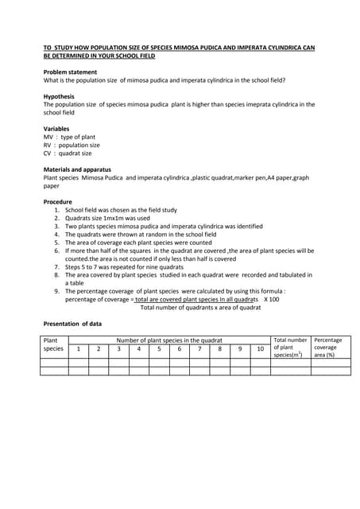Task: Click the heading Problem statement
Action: tap(70, 72)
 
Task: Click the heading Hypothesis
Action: tap(59, 96)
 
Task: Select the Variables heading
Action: tap(56, 129)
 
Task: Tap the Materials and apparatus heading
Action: tap(77, 169)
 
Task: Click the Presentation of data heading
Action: tap(76, 324)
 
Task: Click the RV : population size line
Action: tap(72, 146)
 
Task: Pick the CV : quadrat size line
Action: tap(68, 153)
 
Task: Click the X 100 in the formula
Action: tap(272, 299)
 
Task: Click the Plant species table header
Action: tap(53, 344)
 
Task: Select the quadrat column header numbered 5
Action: tap(159, 348)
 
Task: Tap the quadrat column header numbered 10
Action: tap(260, 348)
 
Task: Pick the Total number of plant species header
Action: tap(290, 348)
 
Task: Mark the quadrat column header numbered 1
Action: tap(78, 348)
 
